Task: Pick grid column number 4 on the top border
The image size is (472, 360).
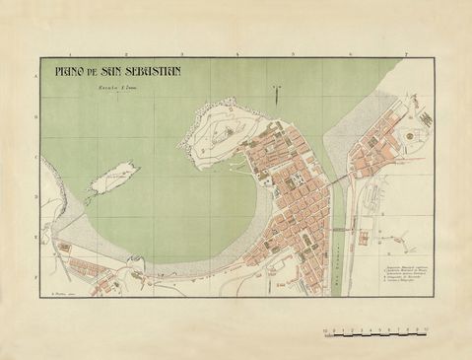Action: pyautogui.click(x=236, y=55)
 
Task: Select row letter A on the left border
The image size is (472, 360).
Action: pyautogui.click(x=36, y=75)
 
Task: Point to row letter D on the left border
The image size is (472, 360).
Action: pyautogui.click(x=36, y=198)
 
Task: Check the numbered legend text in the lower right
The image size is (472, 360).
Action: pyautogui.click(x=403, y=271)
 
